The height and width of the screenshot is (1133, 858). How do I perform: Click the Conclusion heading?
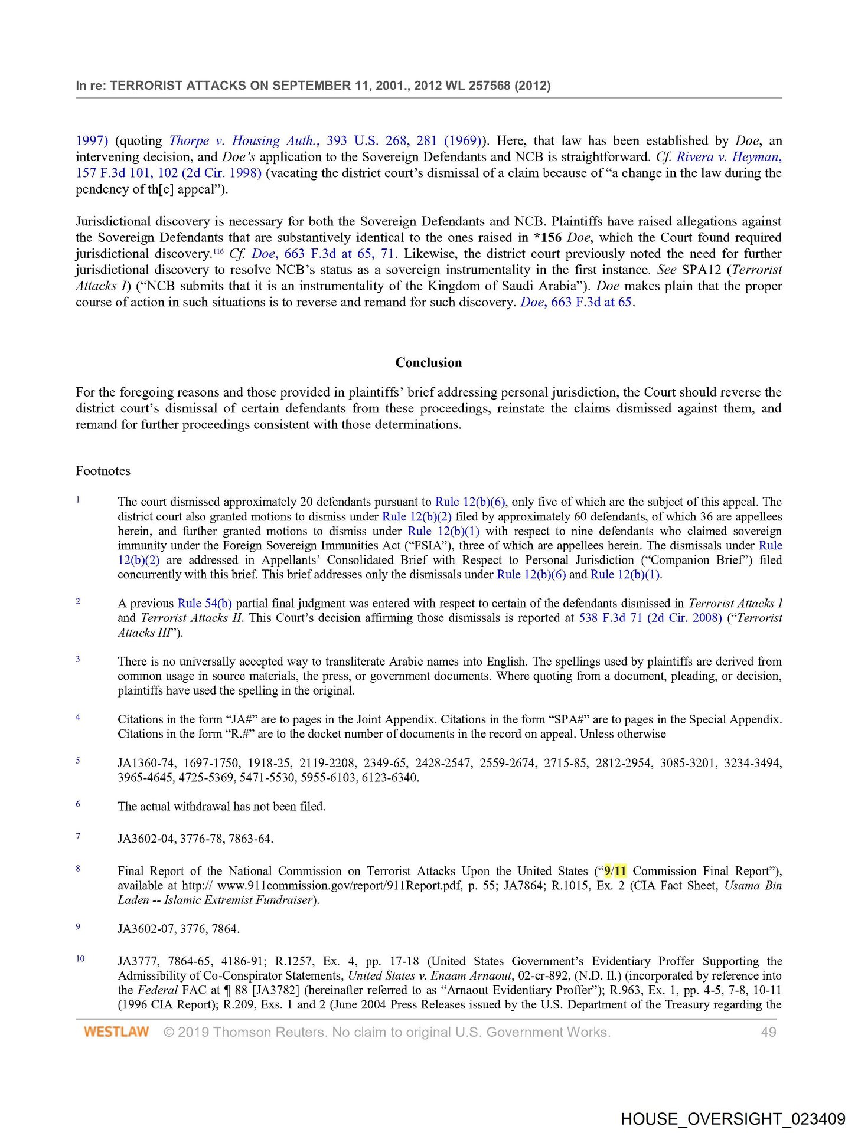429,362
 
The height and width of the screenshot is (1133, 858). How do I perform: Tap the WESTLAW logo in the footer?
116,1032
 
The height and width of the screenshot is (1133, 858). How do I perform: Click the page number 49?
768,1032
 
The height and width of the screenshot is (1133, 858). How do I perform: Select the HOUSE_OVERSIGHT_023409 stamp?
733,1119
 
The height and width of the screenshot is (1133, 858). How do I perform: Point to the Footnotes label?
103,471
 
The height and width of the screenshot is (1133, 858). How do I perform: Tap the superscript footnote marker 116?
218,251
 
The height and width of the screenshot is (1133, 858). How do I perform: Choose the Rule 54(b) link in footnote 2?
204,603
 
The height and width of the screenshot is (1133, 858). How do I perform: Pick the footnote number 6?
78,804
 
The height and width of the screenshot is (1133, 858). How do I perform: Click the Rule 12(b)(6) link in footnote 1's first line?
470,502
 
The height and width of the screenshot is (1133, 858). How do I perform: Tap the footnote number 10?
80,958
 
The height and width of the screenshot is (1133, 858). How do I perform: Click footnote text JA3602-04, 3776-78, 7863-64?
195,839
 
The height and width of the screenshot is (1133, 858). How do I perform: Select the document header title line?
313,86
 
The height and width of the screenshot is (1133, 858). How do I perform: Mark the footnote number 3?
78,659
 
